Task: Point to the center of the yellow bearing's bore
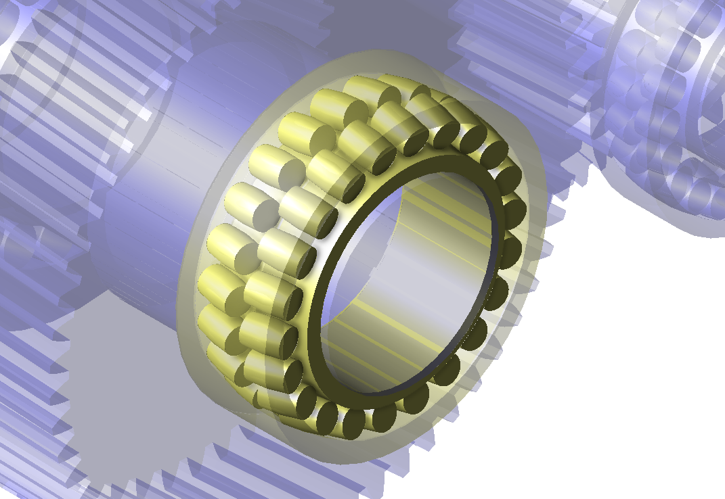pyautogui.click(x=413, y=281)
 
